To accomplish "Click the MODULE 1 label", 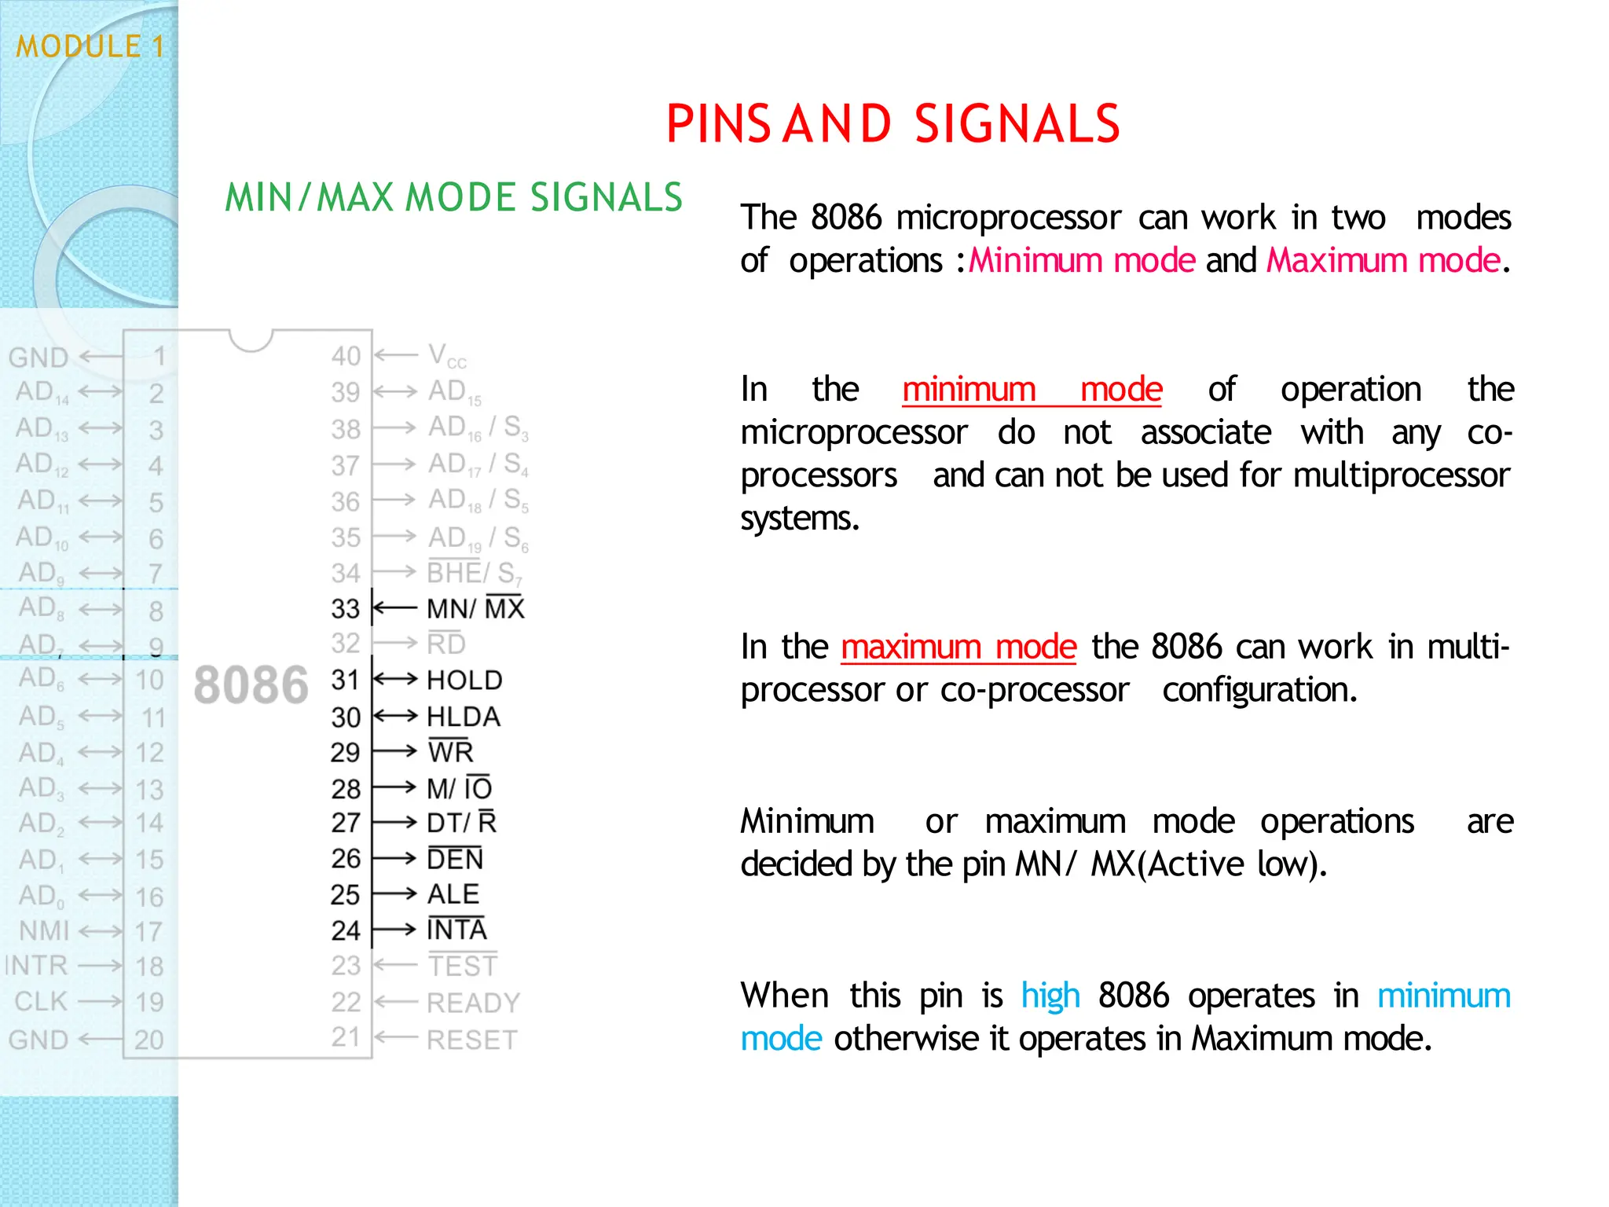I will tap(90, 46).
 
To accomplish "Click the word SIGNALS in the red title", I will tap(1017, 124).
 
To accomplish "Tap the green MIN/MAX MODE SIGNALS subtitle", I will tap(453, 197).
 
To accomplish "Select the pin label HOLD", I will tap(464, 681).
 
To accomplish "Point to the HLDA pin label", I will tap(464, 717).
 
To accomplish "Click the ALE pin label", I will tap(453, 894).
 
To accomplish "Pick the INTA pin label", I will tap(457, 930).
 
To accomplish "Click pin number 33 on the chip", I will tap(345, 609).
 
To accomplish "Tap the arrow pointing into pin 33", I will tap(394, 608).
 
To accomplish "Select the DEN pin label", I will tap(455, 859).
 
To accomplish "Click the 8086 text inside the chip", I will tap(251, 685).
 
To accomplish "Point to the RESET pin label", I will tap(471, 1040).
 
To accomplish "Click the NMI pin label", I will tap(45, 931).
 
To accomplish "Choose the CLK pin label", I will tap(41, 1002).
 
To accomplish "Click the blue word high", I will tap(1050, 996).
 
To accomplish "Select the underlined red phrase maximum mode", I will tap(958, 647).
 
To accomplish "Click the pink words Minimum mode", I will tap(1082, 260).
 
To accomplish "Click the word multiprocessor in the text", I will tap(1401, 475).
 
